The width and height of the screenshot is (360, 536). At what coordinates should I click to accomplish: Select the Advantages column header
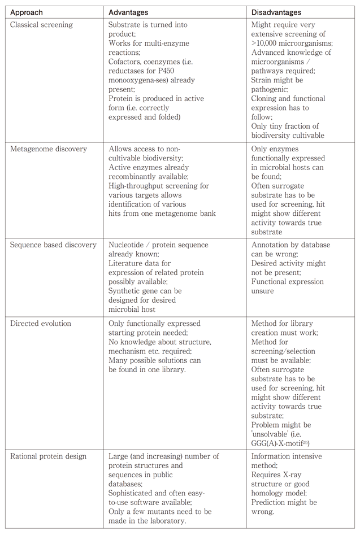pyautogui.click(x=128, y=12)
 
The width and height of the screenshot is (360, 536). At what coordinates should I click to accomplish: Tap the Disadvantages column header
pyautogui.click(x=276, y=12)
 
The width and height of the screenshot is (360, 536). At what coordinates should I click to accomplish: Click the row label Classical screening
pyautogui.click(x=41, y=25)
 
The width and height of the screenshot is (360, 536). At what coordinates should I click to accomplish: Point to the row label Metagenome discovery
pyautogui.click(x=49, y=149)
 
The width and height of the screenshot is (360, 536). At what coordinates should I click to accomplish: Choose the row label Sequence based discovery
pyautogui.click(x=54, y=245)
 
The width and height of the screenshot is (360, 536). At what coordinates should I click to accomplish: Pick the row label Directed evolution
pyautogui.click(x=41, y=324)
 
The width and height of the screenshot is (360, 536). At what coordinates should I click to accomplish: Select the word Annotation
pyautogui.click(x=270, y=245)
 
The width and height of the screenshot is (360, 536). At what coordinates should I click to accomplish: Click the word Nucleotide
pyautogui.click(x=128, y=245)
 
